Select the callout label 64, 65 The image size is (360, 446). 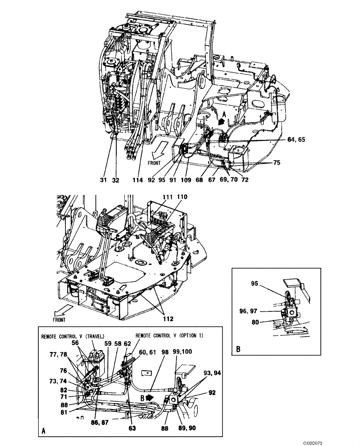coord(297,140)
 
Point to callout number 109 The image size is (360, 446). coord(186,181)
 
